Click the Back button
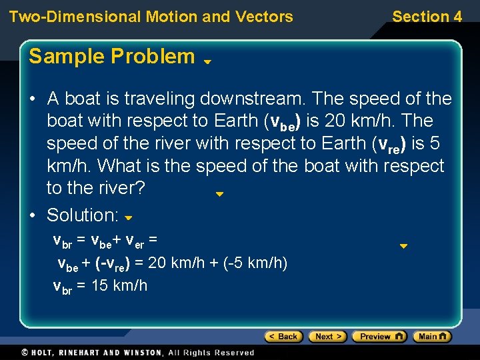(283, 337)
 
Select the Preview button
(379, 337)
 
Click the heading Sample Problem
(112, 57)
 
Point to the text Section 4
(427, 17)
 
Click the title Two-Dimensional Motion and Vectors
(151, 17)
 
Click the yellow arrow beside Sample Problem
(207, 61)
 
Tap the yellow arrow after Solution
(129, 217)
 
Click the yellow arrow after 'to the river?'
(219, 195)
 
